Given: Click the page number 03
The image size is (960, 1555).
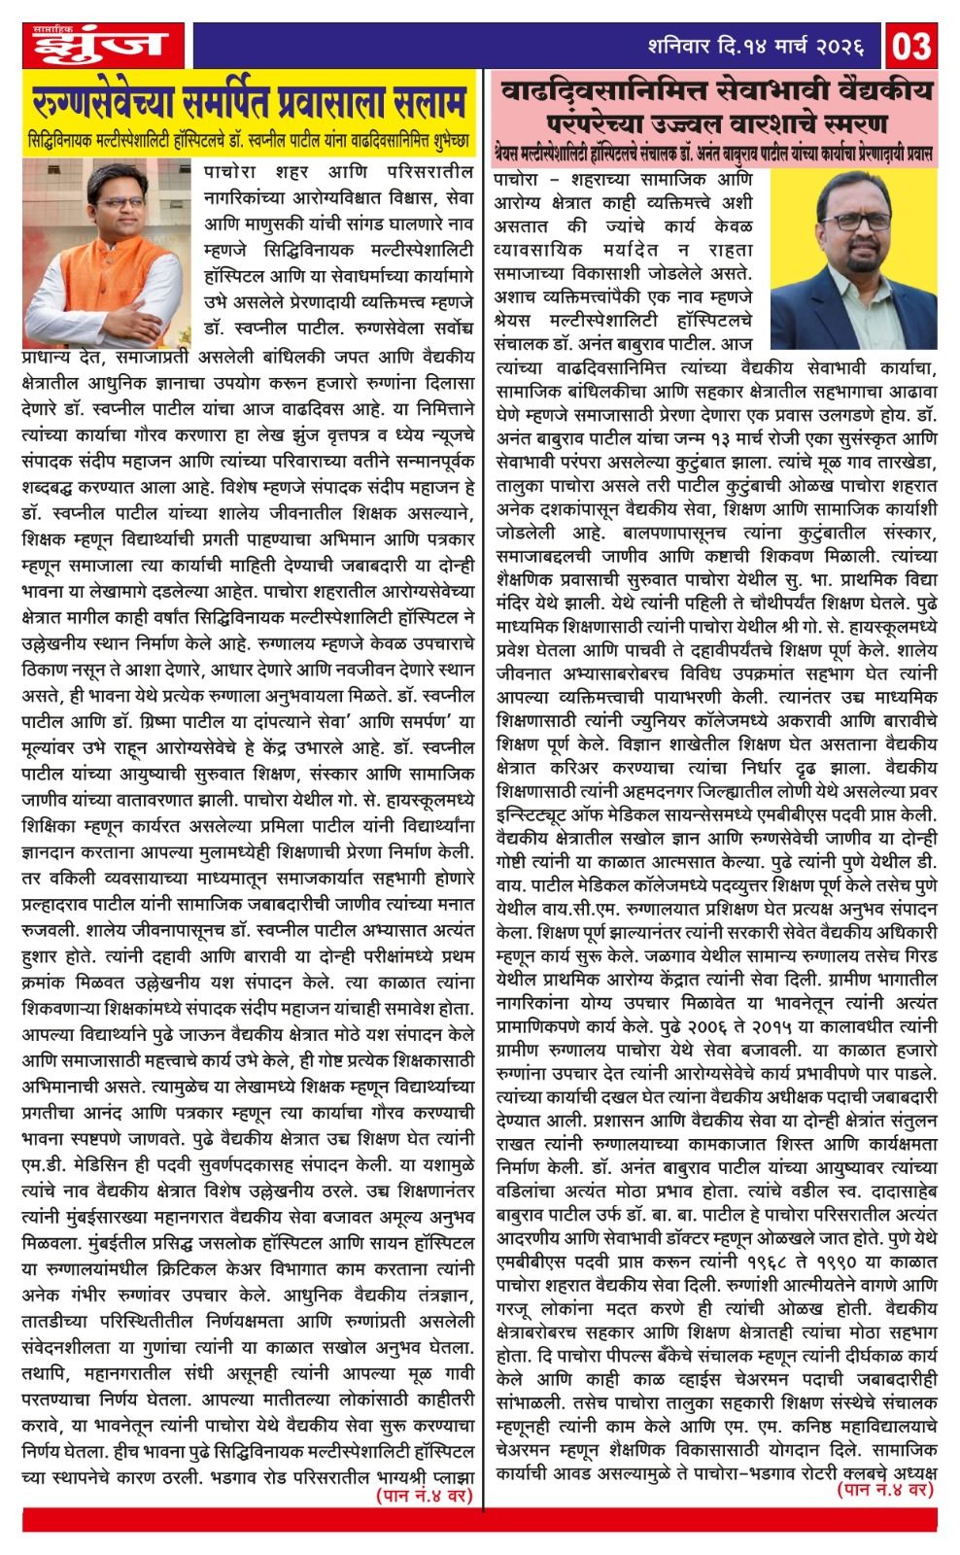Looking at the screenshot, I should [x=913, y=45].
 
